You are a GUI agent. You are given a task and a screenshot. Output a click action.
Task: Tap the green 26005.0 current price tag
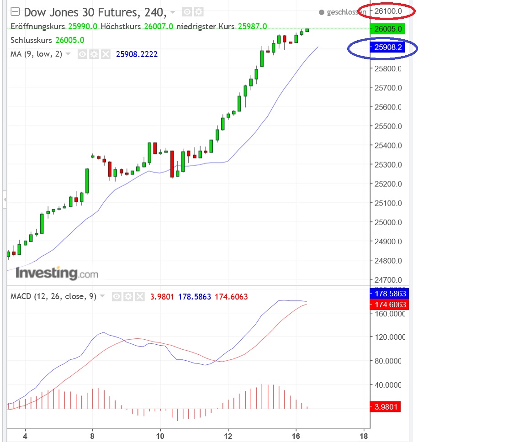(387, 29)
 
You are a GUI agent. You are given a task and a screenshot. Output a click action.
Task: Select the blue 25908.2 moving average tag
(387, 47)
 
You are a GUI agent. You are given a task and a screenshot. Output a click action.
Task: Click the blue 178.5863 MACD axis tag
(387, 294)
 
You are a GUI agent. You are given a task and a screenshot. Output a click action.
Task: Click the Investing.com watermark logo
(57, 273)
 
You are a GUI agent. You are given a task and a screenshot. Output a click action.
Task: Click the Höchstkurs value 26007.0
(158, 26)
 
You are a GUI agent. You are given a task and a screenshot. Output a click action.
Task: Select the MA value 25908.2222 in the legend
(137, 54)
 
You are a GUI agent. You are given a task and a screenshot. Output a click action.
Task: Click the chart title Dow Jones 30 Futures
(80, 12)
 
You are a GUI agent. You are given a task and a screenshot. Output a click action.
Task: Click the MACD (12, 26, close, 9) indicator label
(53, 297)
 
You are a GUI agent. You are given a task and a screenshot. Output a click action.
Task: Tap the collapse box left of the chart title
(15, 11)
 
